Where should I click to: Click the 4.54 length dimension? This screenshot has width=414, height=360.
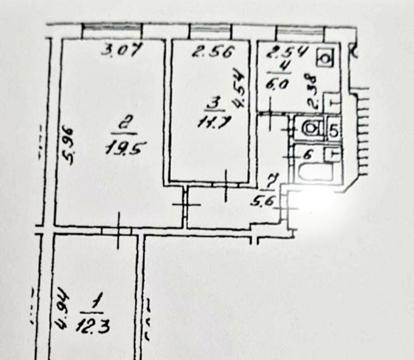click(x=240, y=89)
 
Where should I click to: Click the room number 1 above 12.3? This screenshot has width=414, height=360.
click(x=92, y=301)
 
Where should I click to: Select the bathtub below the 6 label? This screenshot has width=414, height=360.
click(x=314, y=173)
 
